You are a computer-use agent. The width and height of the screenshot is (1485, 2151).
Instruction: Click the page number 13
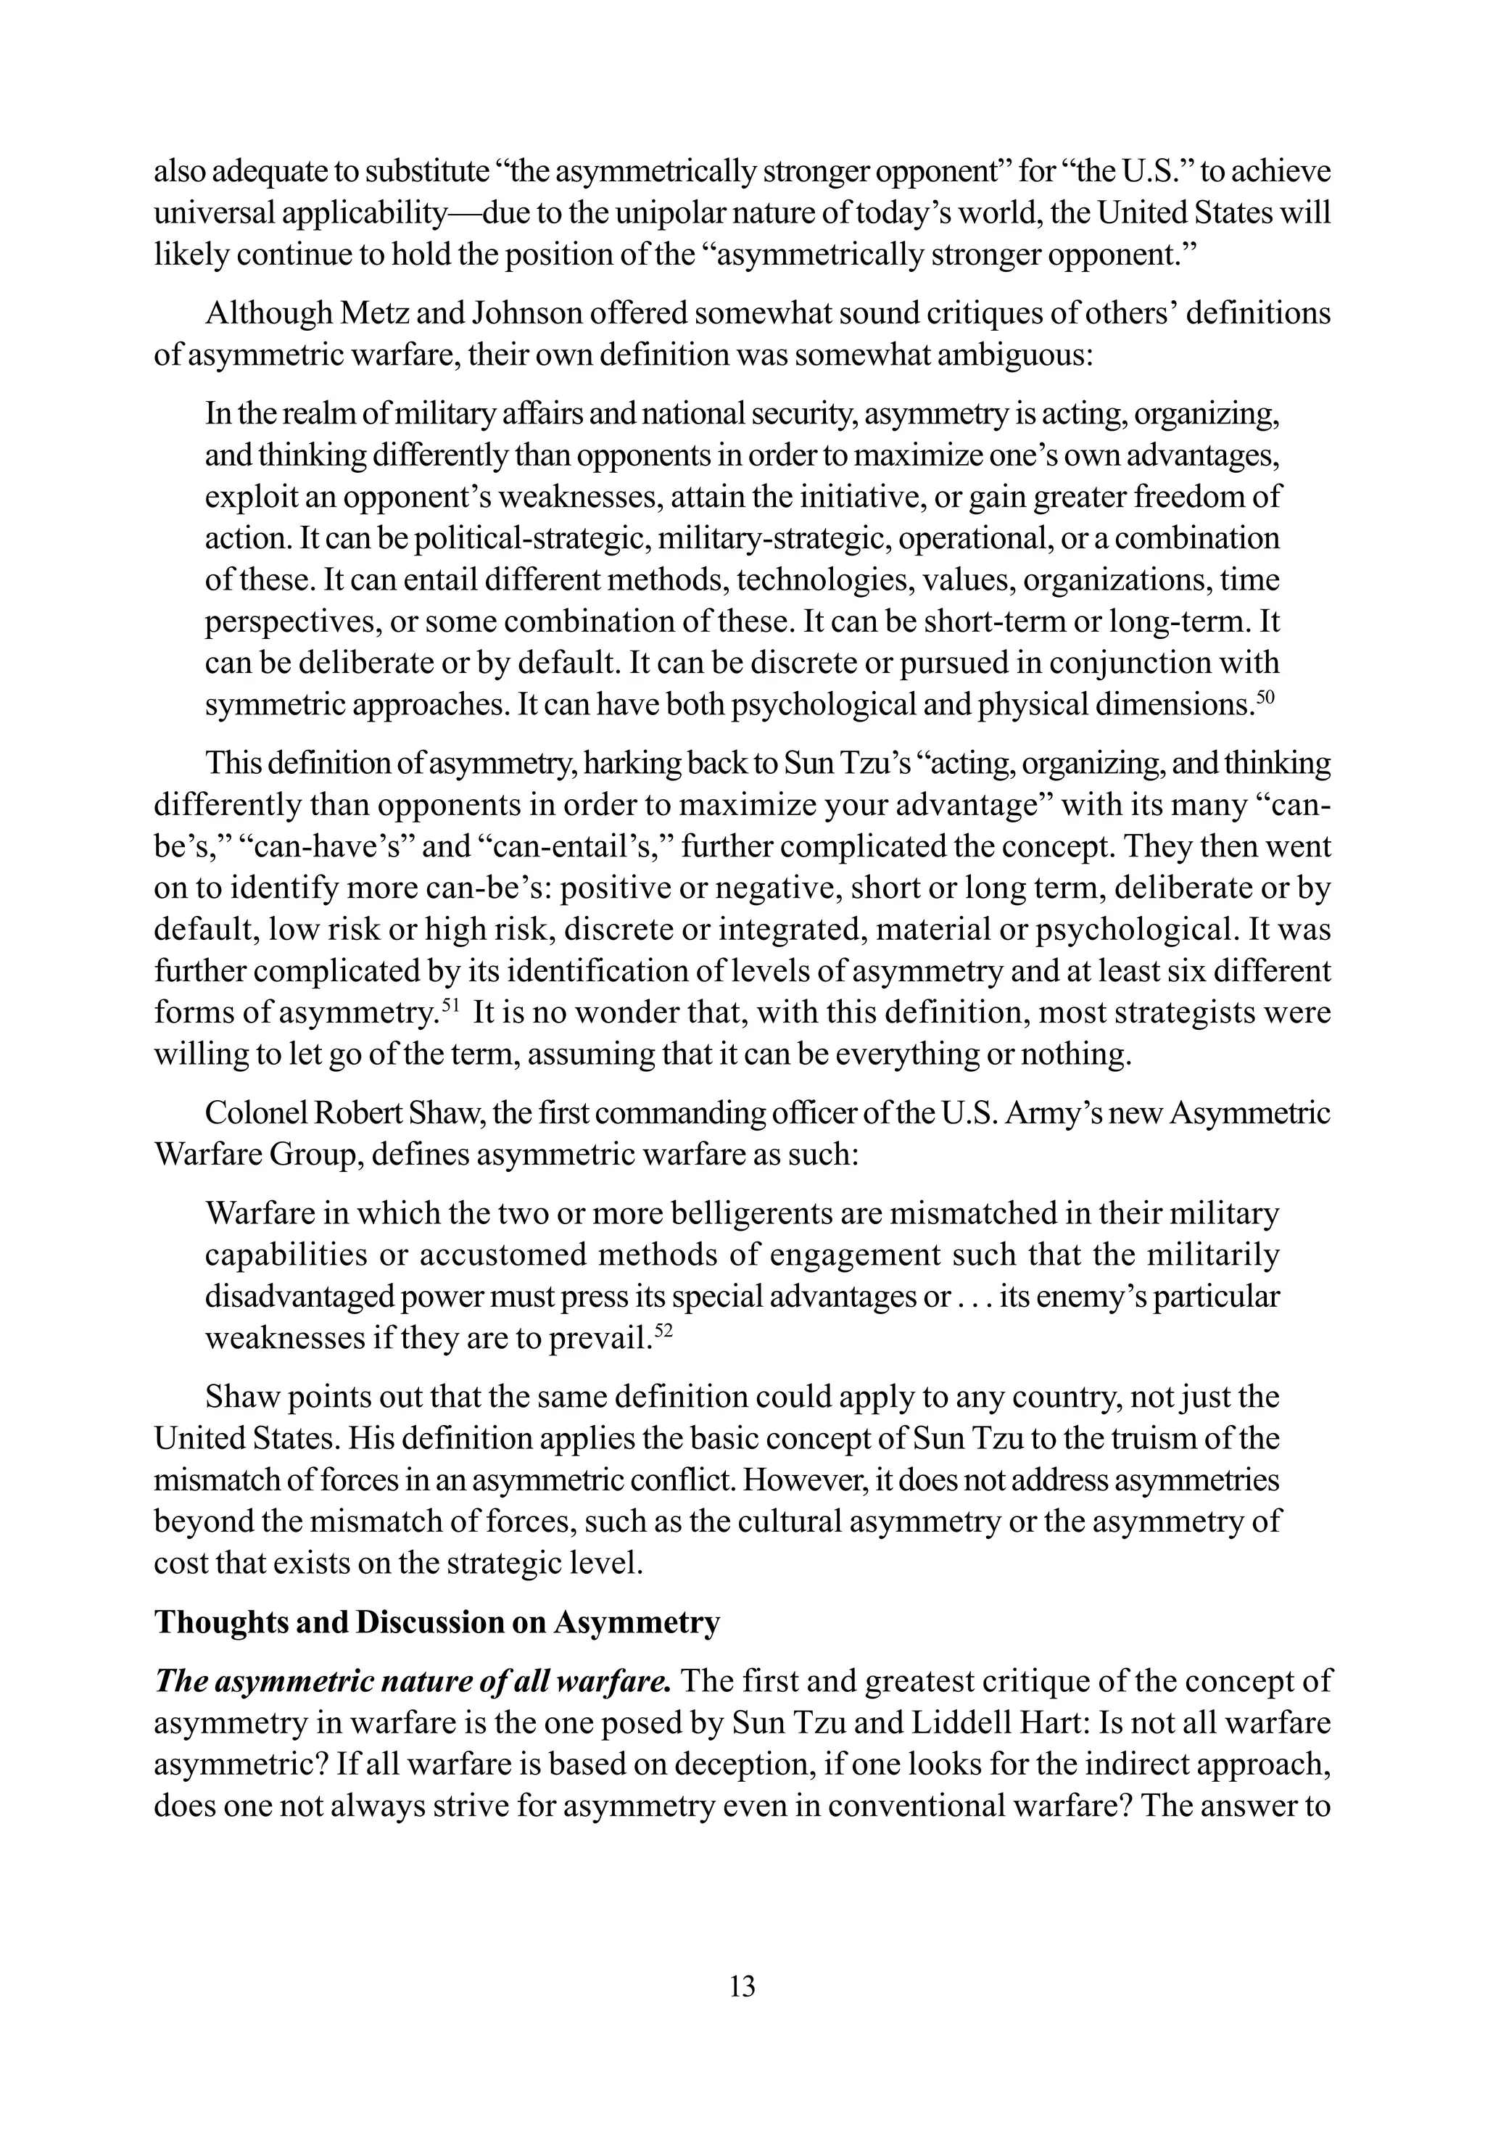pos(742,1986)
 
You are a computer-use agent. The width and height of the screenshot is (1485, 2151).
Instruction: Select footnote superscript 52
pos(663,1332)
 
